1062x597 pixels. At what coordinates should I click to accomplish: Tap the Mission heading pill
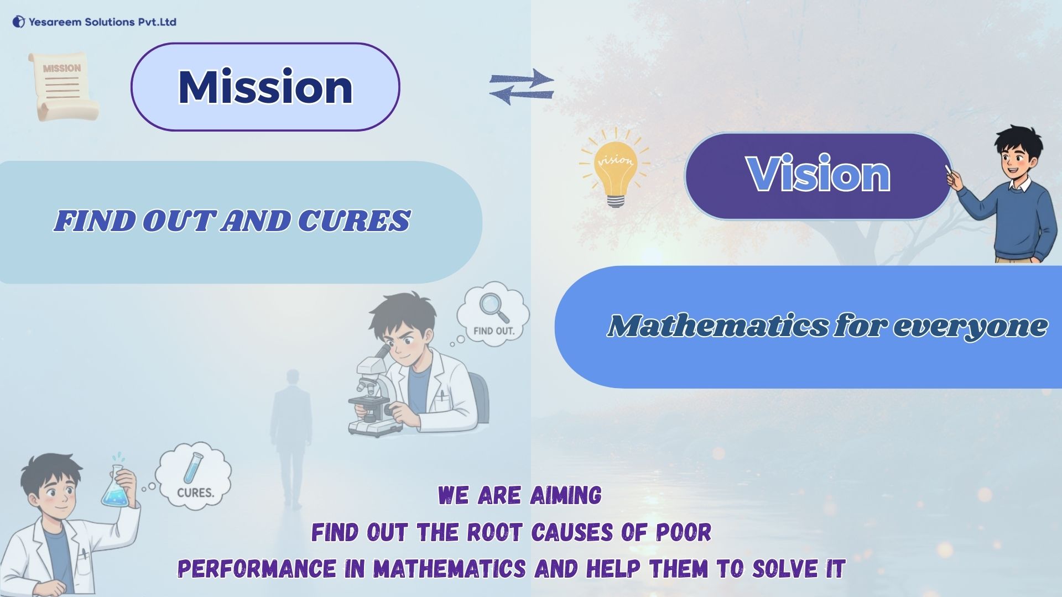click(265, 87)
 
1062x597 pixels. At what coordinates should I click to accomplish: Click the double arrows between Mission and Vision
click(521, 86)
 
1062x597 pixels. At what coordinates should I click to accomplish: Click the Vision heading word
click(818, 175)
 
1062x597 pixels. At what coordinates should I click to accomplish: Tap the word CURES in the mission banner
click(354, 221)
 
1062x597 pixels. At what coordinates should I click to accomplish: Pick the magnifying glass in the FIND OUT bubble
click(493, 307)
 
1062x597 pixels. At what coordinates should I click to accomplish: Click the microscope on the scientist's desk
click(373, 395)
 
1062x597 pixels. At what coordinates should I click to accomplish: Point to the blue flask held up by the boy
click(116, 490)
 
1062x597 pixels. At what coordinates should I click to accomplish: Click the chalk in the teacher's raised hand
click(949, 168)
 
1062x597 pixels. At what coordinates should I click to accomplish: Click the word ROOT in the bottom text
click(494, 532)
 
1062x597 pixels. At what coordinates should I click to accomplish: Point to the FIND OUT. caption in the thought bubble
click(494, 331)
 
